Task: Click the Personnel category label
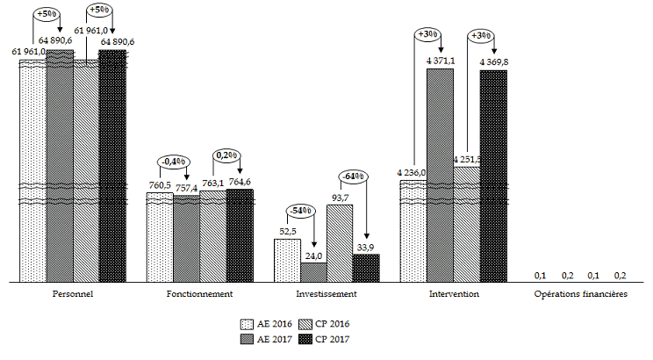72,293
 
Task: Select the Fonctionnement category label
199,293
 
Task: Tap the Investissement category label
326,293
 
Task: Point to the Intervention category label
454,293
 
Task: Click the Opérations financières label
580,293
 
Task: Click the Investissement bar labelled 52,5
287,260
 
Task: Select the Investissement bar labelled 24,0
313,272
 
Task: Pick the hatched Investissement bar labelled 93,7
340,243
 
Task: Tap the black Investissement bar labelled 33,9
366,268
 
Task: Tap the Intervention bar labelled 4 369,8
493,176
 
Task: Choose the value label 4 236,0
411,173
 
